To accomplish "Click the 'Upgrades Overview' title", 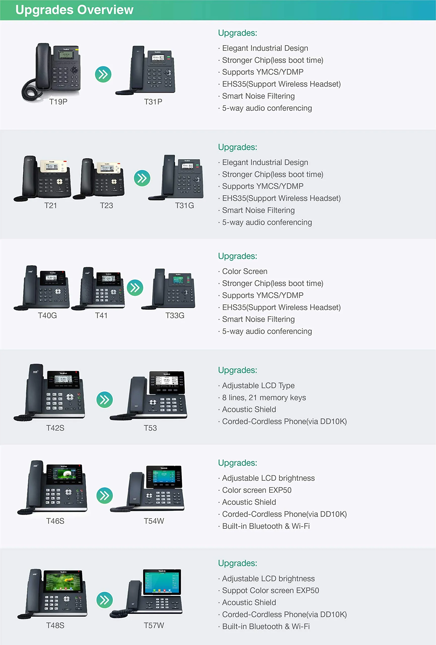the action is [74, 10].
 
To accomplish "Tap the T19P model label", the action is [58, 102].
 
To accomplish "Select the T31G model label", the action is [184, 205].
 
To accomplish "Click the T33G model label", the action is [175, 315].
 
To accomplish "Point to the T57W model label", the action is [154, 625].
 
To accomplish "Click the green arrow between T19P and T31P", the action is [103, 74].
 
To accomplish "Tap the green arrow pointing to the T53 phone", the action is [104, 400].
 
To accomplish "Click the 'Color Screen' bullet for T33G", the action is [245, 271].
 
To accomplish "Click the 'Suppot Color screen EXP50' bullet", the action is [270, 590].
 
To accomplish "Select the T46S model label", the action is [55, 521].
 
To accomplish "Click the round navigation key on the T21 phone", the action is [59, 181].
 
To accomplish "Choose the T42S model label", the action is [55, 428].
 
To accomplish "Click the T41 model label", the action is [101, 315].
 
